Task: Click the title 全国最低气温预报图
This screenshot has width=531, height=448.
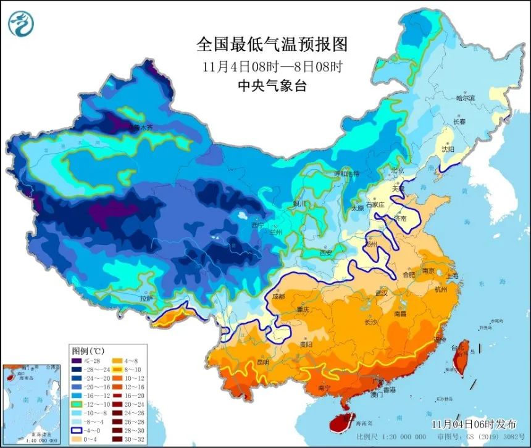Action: click(x=272, y=44)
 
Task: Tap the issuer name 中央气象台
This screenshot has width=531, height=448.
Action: click(x=272, y=86)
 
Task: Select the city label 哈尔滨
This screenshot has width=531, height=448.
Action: click(x=466, y=98)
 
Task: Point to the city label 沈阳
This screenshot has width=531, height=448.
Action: click(x=448, y=149)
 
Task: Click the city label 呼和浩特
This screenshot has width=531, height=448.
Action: click(x=346, y=174)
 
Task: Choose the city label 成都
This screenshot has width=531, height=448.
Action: click(x=278, y=296)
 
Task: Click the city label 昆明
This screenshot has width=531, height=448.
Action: click(x=262, y=362)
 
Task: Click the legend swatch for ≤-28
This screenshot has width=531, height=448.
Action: click(x=77, y=360)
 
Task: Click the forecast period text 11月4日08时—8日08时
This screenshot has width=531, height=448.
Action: click(x=272, y=65)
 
